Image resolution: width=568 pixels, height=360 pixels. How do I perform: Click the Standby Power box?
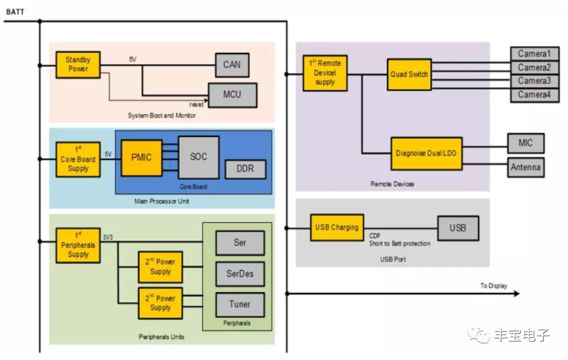(x=78, y=64)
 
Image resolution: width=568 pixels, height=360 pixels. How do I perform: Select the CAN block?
(x=232, y=64)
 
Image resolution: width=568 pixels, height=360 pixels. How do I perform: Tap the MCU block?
(x=232, y=94)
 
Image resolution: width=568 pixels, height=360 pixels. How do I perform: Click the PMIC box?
(x=141, y=158)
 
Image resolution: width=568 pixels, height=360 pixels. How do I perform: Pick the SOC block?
(x=199, y=157)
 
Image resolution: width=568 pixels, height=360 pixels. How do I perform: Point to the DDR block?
(x=245, y=169)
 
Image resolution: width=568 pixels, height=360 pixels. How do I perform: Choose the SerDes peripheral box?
(x=240, y=273)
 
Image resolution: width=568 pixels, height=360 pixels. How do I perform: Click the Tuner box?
(x=240, y=304)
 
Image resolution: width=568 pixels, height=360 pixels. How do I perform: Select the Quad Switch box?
(x=409, y=74)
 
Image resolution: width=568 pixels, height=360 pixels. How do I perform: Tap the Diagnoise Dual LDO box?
(x=427, y=153)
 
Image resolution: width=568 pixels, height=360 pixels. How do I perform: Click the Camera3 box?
(x=534, y=81)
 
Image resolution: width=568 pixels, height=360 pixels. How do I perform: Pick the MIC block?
(x=525, y=143)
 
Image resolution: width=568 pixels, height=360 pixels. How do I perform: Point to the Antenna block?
(x=525, y=167)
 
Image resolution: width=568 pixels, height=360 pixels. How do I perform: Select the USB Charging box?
(x=337, y=227)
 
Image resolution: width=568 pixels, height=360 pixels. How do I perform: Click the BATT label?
(x=15, y=12)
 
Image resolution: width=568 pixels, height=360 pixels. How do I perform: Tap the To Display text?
(x=493, y=286)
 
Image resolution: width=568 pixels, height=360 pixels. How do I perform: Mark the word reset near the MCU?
(x=196, y=104)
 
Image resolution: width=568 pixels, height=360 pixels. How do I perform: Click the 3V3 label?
(x=108, y=237)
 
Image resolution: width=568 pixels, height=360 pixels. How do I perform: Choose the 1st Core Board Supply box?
(x=78, y=159)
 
